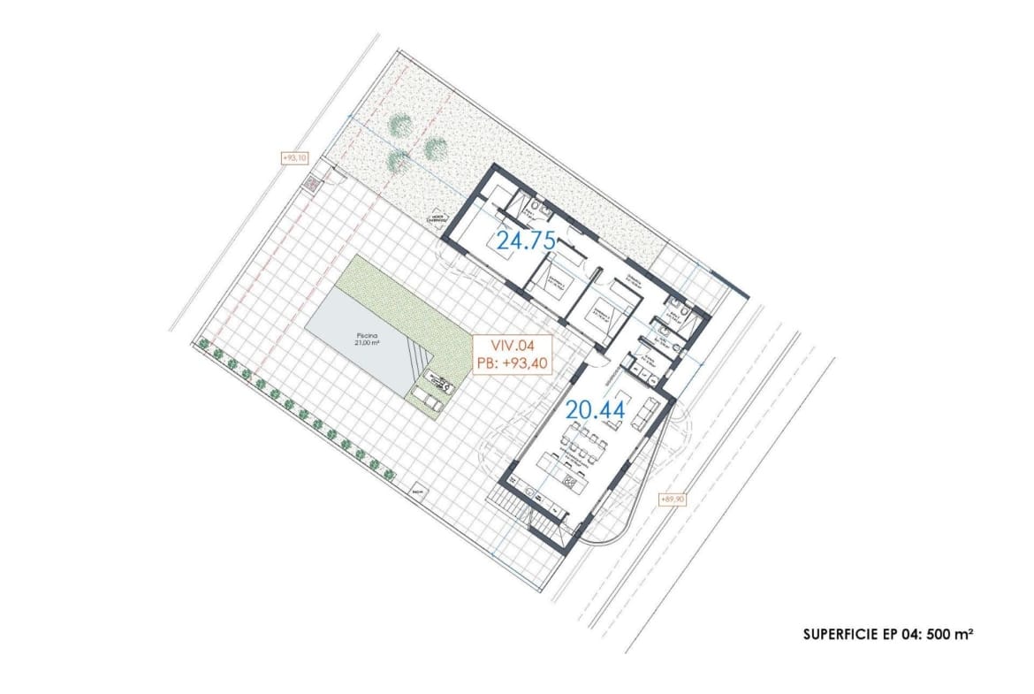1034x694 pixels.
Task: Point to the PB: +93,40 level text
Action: click(x=513, y=364)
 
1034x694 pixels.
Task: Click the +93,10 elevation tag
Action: click(x=293, y=158)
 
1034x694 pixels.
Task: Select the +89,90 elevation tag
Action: click(x=673, y=499)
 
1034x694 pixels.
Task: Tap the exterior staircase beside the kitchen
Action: click(x=510, y=509)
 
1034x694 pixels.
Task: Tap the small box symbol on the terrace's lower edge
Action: click(x=418, y=489)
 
